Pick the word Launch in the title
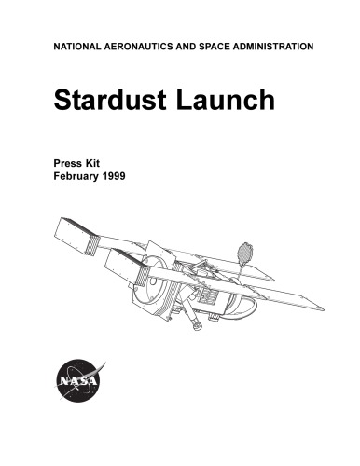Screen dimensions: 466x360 pos(227,101)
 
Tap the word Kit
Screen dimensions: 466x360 pos(100,161)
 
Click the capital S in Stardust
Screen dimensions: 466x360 pos(62,101)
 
